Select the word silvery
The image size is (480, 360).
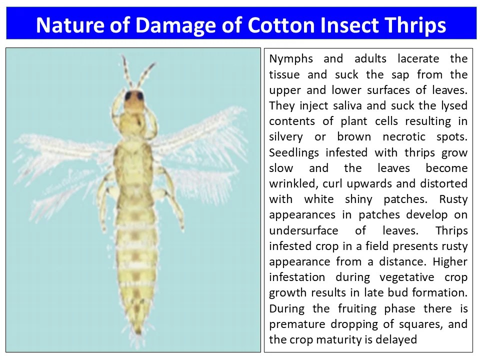click(285, 137)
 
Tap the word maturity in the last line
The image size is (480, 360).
click(344, 340)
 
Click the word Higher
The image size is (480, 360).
click(450, 262)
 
